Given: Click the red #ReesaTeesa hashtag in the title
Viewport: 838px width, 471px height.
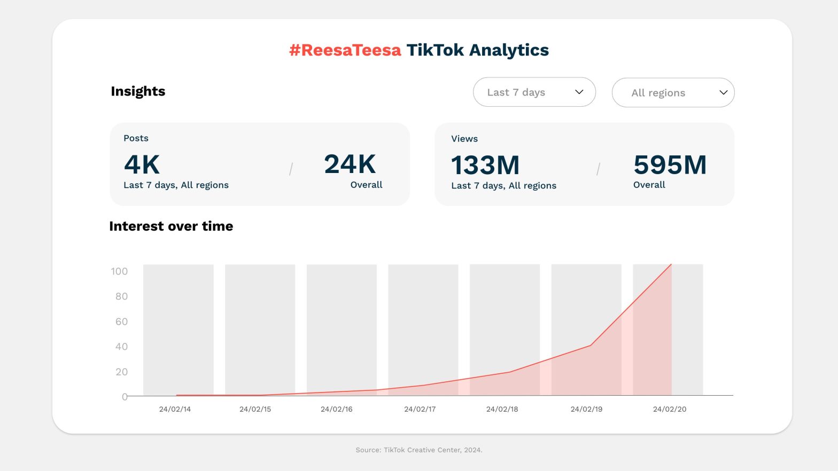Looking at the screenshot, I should pyautogui.click(x=345, y=50).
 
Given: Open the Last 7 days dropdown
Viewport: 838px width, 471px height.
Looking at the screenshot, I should pyautogui.click(x=534, y=92).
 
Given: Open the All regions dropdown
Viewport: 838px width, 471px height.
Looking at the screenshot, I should pyautogui.click(x=673, y=93).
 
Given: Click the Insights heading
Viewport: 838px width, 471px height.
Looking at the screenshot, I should pyautogui.click(x=138, y=91).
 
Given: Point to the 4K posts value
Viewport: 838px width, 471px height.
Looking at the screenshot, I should pyautogui.click(x=142, y=164).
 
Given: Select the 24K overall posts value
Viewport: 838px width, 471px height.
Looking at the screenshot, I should pyautogui.click(x=350, y=164).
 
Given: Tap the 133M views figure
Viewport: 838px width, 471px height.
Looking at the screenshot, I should pyautogui.click(x=485, y=165).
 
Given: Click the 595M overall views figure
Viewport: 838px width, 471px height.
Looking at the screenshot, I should pyautogui.click(x=670, y=164).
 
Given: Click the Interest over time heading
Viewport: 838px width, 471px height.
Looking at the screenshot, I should pyautogui.click(x=171, y=226).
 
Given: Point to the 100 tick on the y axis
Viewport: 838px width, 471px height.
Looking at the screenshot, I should pyautogui.click(x=119, y=271).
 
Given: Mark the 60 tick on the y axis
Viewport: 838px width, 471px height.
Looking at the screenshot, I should pyautogui.click(x=121, y=321).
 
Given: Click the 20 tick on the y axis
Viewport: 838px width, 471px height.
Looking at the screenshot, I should pyautogui.click(x=121, y=372).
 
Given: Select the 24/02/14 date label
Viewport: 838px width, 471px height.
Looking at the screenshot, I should pyautogui.click(x=175, y=409).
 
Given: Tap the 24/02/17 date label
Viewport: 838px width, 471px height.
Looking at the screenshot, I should pyautogui.click(x=420, y=409).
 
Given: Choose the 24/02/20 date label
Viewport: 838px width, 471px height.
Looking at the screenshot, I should pyautogui.click(x=669, y=409).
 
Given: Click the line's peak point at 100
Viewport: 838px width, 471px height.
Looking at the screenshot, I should pyautogui.click(x=671, y=264).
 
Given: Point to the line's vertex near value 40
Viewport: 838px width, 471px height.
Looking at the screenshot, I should pyautogui.click(x=590, y=346).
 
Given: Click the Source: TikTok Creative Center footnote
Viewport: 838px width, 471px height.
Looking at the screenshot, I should pyautogui.click(x=418, y=450).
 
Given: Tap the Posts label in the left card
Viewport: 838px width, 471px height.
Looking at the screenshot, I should pyautogui.click(x=136, y=138).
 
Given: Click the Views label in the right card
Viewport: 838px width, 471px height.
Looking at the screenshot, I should pyautogui.click(x=464, y=139).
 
